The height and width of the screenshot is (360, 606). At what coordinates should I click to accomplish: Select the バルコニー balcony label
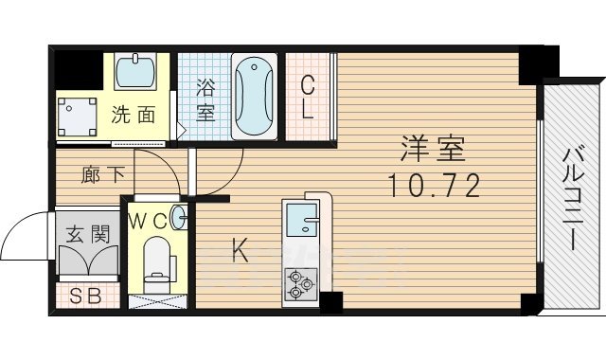coord(573,197)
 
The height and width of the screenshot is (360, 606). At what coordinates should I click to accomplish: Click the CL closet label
coord(308,98)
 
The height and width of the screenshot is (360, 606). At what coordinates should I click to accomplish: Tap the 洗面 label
coord(134,116)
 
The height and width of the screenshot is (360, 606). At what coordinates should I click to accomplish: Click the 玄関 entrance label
coord(87,234)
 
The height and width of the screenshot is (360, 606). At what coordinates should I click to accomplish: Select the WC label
coord(150,222)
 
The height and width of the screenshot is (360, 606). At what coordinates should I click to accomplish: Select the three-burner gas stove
coord(302,281)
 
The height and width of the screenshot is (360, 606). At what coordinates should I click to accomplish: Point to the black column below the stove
coord(330,303)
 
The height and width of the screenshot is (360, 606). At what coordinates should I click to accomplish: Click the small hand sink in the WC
coord(181,217)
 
